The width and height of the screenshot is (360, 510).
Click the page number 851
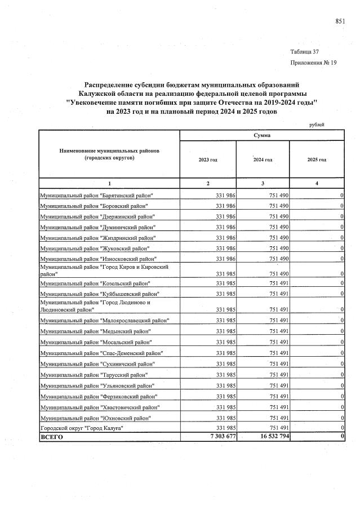pyautogui.click(x=340, y=21)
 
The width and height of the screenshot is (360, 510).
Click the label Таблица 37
pyautogui.click(x=306, y=52)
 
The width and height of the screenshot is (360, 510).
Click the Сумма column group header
pyautogui.click(x=261, y=135)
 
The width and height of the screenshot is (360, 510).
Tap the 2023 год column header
pyautogui.click(x=208, y=160)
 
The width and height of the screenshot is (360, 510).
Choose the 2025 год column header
pyautogui.click(x=317, y=160)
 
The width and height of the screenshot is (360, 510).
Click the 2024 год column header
pyautogui.click(x=263, y=160)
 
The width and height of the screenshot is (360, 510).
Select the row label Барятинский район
pyautogui.click(x=96, y=195)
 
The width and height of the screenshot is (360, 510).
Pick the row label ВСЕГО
pyautogui.click(x=51, y=437)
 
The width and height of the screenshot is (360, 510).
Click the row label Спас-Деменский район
pyautogui.click(x=101, y=353)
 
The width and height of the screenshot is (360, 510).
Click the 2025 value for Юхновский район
pyautogui.click(x=342, y=418)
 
